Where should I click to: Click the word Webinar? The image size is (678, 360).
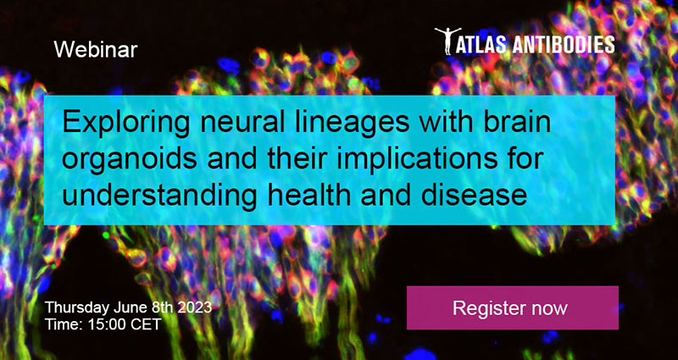[x=96, y=50]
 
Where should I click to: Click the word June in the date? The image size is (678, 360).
[x=130, y=308]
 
